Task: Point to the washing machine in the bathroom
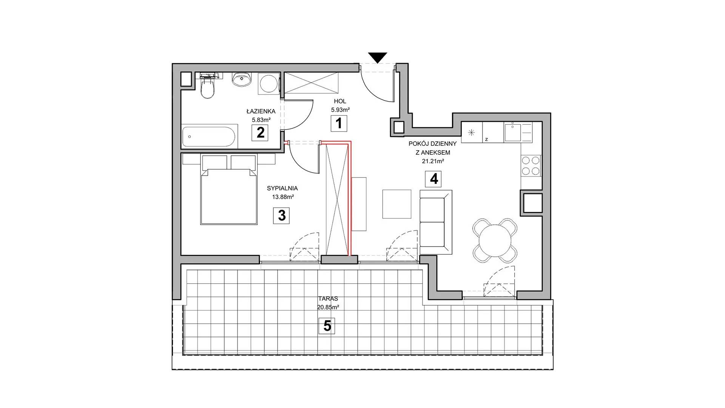[x=268, y=83]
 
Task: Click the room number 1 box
[x=339, y=123]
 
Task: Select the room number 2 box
[x=260, y=133]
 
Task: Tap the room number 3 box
[x=282, y=215]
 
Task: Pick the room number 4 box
[x=433, y=179]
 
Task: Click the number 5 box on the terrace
[x=327, y=326]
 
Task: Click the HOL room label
[x=340, y=101]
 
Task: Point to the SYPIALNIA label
[x=282, y=188]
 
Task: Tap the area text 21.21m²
[x=433, y=161]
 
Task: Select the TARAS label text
[x=328, y=298]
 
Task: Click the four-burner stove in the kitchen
[x=531, y=166]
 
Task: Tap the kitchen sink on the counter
[x=513, y=133]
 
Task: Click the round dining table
[x=495, y=240]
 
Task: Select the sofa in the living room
[x=436, y=222]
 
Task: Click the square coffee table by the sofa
[x=396, y=204]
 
